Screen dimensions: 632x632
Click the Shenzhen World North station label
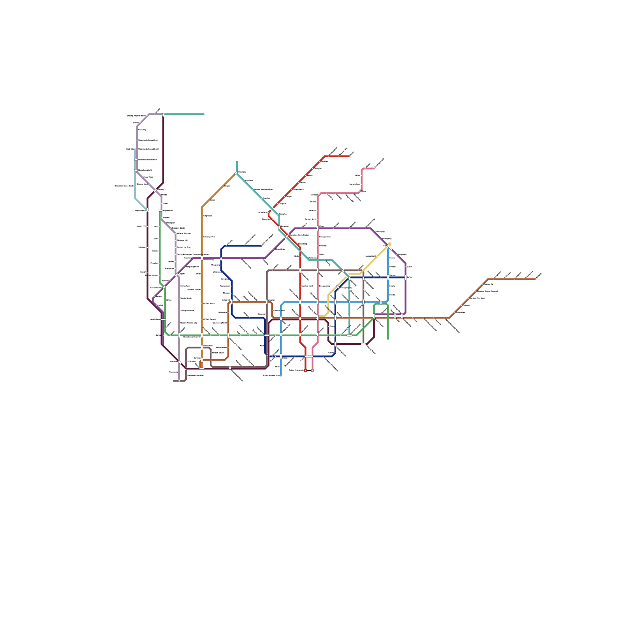click(148, 160)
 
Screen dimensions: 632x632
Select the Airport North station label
click(141, 211)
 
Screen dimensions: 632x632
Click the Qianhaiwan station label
click(155, 319)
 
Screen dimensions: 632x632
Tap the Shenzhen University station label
click(192, 337)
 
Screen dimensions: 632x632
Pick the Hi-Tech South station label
click(209, 303)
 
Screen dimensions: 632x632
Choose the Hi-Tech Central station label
click(209, 319)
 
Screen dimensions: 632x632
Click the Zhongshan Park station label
click(187, 310)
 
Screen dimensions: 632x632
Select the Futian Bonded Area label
click(271, 375)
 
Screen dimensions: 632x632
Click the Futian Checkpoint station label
click(296, 370)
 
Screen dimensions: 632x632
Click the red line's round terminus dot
click(305, 371)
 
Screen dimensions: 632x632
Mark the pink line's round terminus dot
click(312, 371)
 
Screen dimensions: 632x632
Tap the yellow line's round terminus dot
click(389, 244)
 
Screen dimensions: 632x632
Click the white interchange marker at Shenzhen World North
click(136, 160)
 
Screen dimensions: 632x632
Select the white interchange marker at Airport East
click(160, 211)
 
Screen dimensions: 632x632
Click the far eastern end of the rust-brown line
click(536, 279)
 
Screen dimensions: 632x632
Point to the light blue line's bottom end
click(281, 376)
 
